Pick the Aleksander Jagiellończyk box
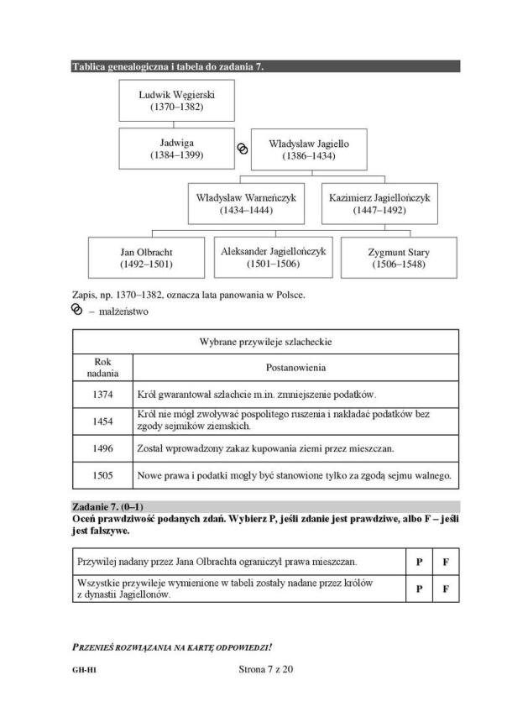coord(273,257)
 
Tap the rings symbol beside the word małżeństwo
coord(77,310)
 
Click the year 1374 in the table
coord(103,394)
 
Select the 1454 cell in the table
coord(103,421)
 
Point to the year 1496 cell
coord(103,448)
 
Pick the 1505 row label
coord(103,475)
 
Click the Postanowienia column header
coord(295,368)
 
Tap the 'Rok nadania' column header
coord(103,368)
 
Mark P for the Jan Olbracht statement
coord(418,561)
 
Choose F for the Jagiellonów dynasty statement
coord(446,589)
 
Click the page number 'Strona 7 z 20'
coord(264,669)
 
